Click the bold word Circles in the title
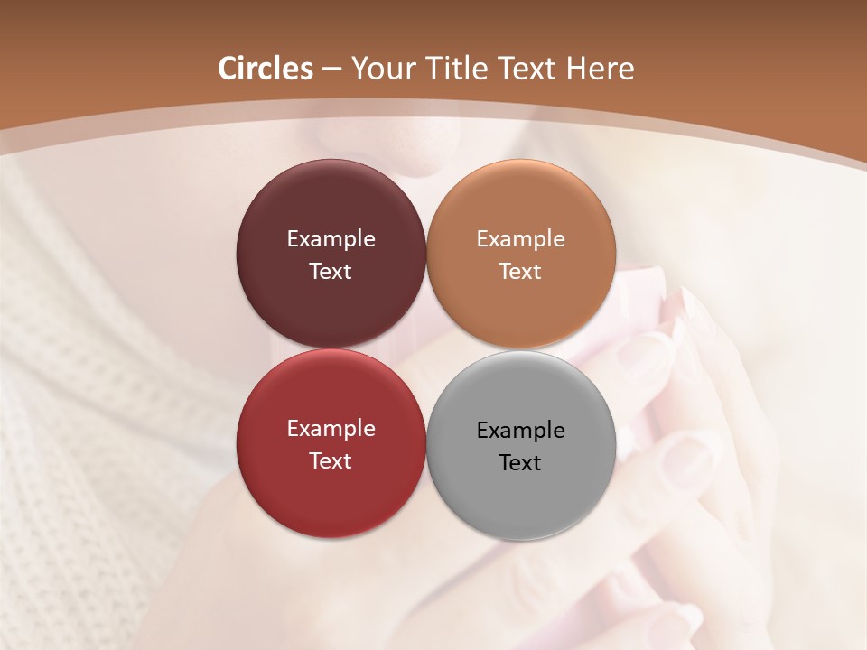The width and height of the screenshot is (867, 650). [266, 69]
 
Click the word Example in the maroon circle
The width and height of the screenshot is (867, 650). [331, 239]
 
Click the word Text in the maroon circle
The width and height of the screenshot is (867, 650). [331, 271]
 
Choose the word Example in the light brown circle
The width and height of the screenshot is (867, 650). [520, 239]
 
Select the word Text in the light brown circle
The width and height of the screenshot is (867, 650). [520, 271]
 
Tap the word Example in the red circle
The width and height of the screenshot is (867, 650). [331, 429]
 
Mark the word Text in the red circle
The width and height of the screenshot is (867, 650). [331, 460]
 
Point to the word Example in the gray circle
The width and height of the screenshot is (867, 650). [520, 431]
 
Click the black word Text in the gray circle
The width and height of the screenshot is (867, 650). [520, 462]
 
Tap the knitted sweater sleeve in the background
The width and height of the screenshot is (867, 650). [81, 406]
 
